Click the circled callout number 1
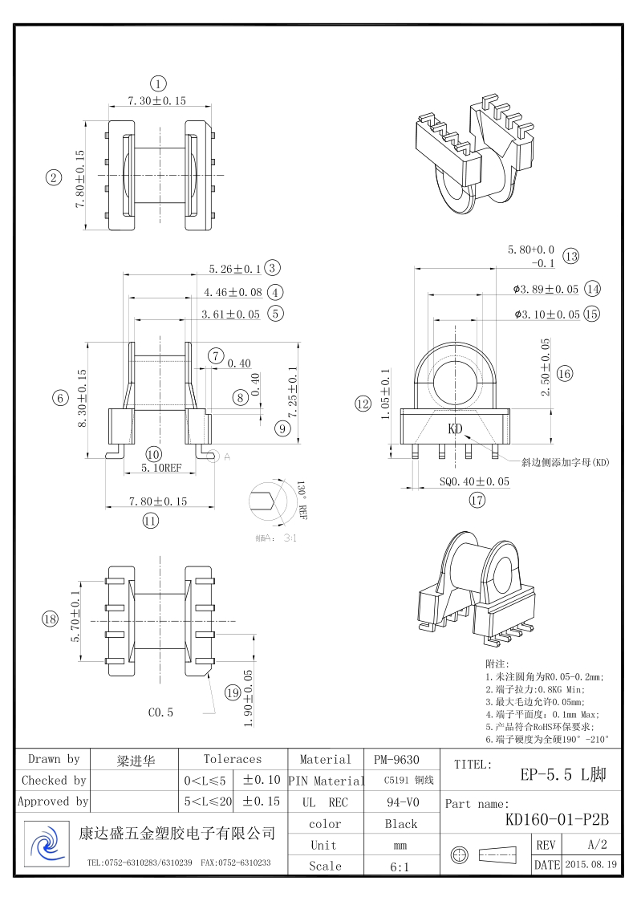[158, 83]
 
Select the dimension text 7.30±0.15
[157, 101]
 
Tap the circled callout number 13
[570, 257]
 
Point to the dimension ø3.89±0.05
[546, 289]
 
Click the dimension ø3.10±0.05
[547, 315]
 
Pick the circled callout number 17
[477, 501]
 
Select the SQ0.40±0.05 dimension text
[474, 482]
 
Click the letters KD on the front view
[455, 429]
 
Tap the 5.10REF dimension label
[161, 468]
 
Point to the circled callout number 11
[150, 520]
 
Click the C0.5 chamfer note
[160, 712]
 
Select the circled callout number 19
[233, 692]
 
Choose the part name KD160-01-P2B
[557, 819]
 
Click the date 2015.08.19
[590, 865]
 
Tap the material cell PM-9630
[396, 760]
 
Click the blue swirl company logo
[45, 844]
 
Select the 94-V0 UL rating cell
[400, 802]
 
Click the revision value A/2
[597, 845]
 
